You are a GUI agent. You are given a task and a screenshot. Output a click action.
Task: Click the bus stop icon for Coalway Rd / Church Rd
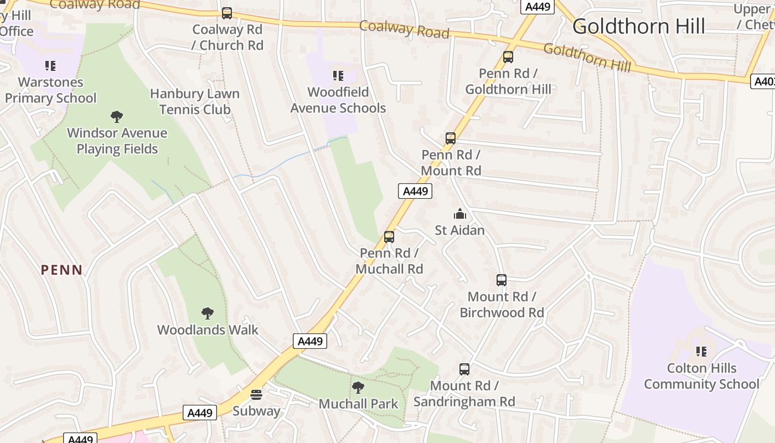[227, 13]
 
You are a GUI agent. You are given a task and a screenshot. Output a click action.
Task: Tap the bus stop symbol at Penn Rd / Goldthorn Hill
[508, 56]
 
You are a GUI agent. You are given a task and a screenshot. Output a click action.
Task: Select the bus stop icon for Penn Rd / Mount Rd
[451, 138]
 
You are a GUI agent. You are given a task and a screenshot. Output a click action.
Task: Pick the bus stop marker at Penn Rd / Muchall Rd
[389, 237]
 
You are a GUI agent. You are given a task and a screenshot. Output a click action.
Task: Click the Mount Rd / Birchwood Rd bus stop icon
[502, 280]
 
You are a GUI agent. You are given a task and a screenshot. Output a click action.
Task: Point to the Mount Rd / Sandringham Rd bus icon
[464, 369]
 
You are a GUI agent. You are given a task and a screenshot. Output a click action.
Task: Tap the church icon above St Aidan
[459, 214]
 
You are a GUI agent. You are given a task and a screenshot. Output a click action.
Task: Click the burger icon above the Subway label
[256, 395]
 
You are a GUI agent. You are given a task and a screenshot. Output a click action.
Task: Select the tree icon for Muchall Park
[358, 388]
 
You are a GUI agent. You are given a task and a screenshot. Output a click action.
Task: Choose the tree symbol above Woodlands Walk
[208, 313]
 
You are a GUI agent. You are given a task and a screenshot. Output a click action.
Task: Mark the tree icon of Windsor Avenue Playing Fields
[116, 116]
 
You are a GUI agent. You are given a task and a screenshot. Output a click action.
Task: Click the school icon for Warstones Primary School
[50, 66]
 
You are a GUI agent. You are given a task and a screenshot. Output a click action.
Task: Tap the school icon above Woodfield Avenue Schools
[338, 76]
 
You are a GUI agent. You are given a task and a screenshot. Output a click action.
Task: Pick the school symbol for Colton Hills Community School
[701, 351]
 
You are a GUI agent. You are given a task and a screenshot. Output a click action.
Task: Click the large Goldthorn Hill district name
[639, 27]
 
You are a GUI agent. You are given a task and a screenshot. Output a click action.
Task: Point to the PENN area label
[62, 270]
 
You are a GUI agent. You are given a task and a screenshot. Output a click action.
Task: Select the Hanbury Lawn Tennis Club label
[195, 101]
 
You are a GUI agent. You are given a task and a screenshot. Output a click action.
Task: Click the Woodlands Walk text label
[208, 330]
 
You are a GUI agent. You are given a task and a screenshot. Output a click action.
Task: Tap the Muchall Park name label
[358, 404]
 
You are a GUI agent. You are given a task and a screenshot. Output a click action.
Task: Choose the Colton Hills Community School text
[701, 376]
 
